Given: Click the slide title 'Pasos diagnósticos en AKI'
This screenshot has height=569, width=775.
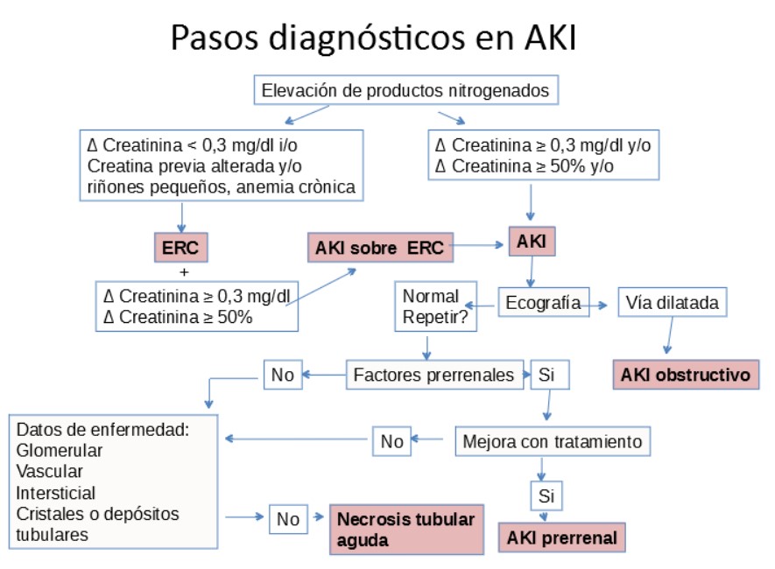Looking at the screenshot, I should [374, 38].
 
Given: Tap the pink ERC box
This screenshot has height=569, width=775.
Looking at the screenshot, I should [180, 248].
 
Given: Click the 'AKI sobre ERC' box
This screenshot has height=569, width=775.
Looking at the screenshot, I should [380, 248].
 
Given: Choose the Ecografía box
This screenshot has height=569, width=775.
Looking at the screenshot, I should [543, 303].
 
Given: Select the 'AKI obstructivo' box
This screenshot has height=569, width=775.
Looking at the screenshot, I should [686, 375].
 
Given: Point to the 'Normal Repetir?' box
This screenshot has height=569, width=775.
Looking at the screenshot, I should [429, 306].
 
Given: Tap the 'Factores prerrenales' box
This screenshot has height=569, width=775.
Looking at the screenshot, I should [433, 376].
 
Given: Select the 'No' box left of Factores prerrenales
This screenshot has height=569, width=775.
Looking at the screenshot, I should [282, 376].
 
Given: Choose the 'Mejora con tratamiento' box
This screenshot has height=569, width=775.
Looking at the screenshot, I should [553, 441].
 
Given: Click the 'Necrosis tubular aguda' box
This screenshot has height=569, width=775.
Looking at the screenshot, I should [406, 529].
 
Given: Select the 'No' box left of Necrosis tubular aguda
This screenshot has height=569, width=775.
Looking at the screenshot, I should [288, 519].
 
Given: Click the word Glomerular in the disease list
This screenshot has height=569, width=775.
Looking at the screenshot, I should [60, 450].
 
